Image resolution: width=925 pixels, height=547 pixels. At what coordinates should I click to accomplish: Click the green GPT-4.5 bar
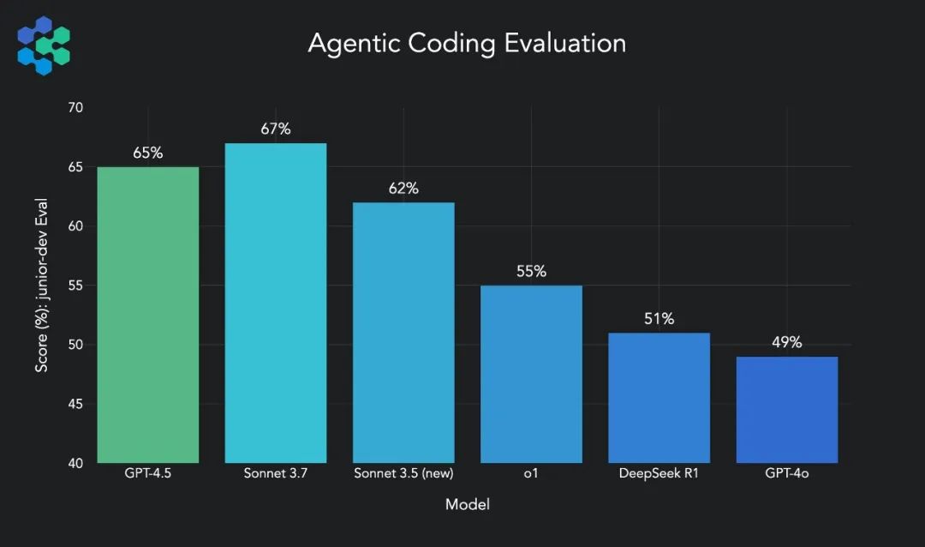[x=148, y=315]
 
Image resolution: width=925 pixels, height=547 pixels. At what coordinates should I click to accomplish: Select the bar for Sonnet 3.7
[x=276, y=303]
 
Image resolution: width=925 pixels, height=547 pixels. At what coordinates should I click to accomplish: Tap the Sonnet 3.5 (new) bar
[x=403, y=333]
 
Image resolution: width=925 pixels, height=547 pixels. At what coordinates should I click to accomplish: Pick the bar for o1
[x=531, y=374]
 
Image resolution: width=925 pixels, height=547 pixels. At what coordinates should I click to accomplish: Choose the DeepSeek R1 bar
[x=659, y=398]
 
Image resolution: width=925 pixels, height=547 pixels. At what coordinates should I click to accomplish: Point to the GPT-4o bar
[x=786, y=410]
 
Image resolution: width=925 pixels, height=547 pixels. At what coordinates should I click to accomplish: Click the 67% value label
[x=276, y=129]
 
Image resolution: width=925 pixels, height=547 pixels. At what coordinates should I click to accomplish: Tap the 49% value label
[x=786, y=343]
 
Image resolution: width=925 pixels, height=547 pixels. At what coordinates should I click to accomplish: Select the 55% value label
[x=531, y=272]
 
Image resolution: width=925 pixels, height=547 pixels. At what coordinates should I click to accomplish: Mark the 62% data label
[x=403, y=189]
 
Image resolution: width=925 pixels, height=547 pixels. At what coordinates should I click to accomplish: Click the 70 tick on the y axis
[x=75, y=108]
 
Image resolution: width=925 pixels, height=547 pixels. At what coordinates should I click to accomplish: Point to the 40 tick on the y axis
[x=75, y=464]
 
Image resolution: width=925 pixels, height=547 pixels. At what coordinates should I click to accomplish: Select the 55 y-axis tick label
[x=75, y=286]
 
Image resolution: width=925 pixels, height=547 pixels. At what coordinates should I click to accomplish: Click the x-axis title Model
[x=468, y=505]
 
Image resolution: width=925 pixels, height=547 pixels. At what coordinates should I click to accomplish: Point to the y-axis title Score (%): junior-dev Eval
[x=42, y=286]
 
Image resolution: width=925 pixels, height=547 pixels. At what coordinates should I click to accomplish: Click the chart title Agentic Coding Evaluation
[x=467, y=43]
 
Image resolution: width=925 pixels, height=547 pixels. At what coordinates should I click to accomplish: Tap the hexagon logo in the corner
[x=44, y=45]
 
